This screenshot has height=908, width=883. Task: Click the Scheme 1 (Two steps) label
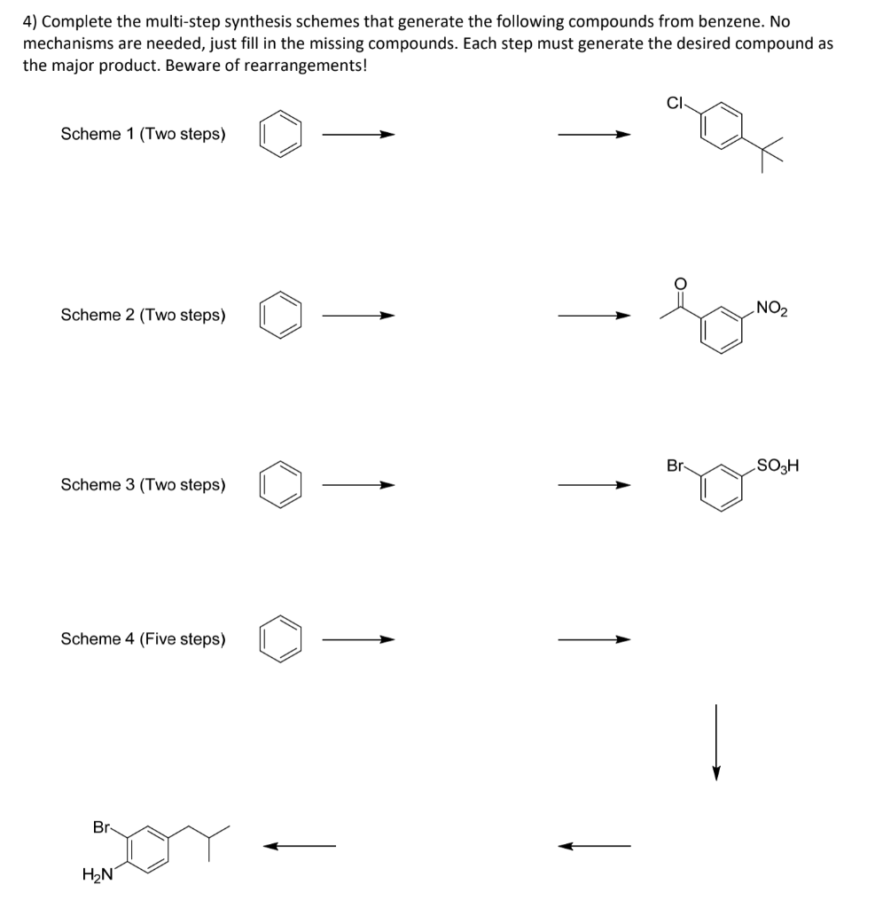143,135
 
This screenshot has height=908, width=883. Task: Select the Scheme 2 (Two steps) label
143,315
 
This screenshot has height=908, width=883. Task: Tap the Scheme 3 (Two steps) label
143,485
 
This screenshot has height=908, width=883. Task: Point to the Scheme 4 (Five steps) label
143,639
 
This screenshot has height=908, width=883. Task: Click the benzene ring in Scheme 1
281,136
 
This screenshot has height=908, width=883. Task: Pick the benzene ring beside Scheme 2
281,316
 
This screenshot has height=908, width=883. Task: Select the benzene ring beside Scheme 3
281,486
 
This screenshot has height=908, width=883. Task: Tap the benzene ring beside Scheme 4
281,639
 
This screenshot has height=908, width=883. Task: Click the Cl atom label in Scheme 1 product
676,102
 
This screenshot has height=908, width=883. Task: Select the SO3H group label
777,465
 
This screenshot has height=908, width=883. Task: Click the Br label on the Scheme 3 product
676,465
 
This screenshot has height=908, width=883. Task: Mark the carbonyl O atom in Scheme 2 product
680,283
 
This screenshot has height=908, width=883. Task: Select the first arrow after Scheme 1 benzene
357,136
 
